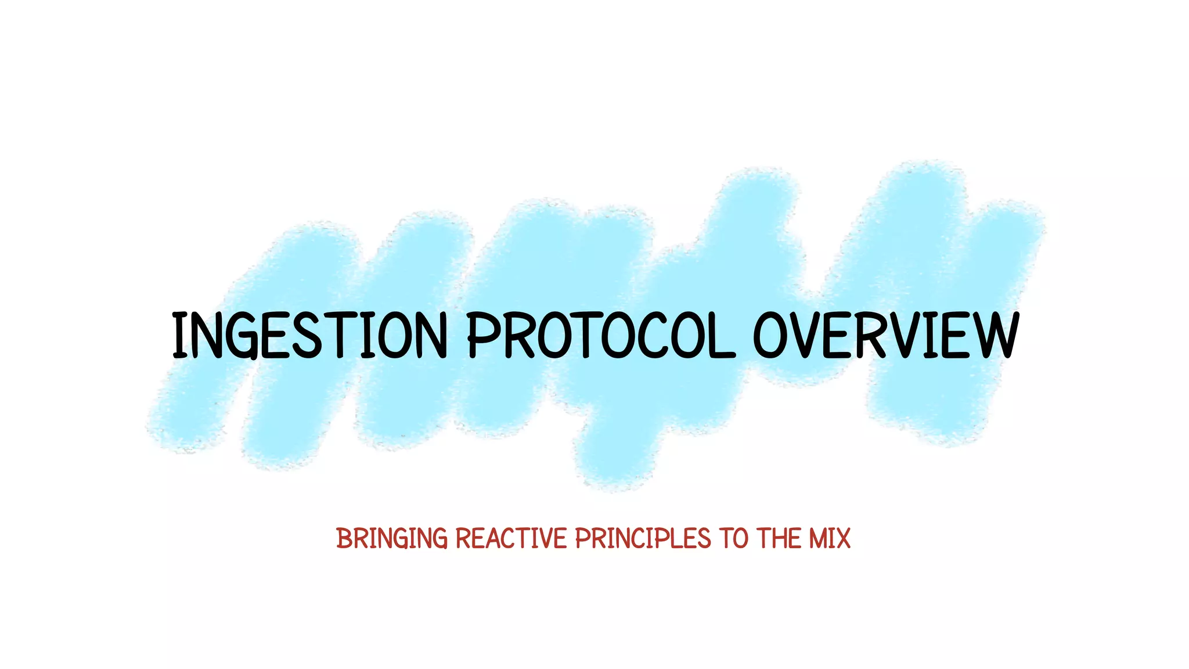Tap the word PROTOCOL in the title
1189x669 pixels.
(x=600, y=336)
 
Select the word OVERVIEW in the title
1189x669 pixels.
(x=886, y=336)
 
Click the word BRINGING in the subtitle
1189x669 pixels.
(x=392, y=539)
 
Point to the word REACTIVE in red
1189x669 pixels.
(x=511, y=539)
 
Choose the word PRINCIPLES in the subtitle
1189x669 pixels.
(x=643, y=539)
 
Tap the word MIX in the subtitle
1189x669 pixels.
(x=827, y=539)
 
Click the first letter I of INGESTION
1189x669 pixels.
(x=179, y=336)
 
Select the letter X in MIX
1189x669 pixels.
(x=841, y=539)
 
